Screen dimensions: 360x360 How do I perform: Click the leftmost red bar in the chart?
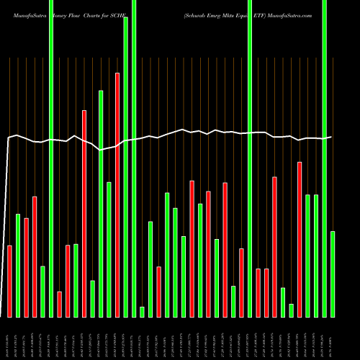(10, 281)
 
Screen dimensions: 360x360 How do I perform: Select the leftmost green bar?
(18, 265)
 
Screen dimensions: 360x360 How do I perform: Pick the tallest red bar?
(117, 194)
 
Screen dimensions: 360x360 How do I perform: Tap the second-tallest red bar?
(84, 213)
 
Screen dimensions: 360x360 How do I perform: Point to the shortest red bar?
(60, 304)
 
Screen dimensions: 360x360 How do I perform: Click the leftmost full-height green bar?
(51, 158)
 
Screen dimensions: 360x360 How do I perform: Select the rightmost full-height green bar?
(324, 158)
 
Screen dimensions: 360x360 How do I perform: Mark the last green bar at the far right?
(333, 274)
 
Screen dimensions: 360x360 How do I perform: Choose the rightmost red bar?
(300, 239)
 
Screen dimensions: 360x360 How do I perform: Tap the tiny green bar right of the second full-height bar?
(142, 311)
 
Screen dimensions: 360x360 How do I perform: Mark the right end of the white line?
(331, 137)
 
